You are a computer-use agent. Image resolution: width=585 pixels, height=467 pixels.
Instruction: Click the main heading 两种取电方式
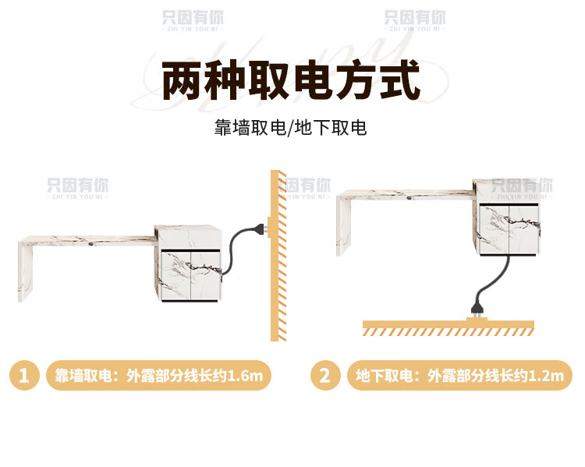coord(291,81)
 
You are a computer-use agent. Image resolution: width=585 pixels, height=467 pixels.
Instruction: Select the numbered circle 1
coord(24,376)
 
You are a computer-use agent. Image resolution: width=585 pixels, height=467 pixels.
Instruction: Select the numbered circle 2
coord(325,376)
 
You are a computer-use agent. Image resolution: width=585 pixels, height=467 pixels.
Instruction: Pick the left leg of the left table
coord(26,270)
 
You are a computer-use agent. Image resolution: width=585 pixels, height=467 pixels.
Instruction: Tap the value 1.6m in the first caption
coord(248,377)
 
